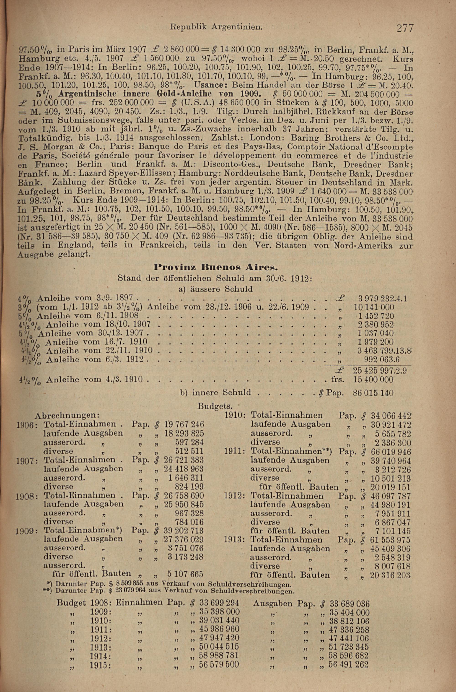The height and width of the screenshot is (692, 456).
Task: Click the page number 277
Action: point(404,29)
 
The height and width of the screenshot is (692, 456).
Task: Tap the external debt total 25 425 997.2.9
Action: point(380,371)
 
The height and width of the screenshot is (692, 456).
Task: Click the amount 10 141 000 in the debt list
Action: point(374,307)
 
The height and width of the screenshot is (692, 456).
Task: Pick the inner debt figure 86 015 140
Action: point(373,393)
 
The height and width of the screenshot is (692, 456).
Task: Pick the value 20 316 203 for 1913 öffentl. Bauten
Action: point(390,575)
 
